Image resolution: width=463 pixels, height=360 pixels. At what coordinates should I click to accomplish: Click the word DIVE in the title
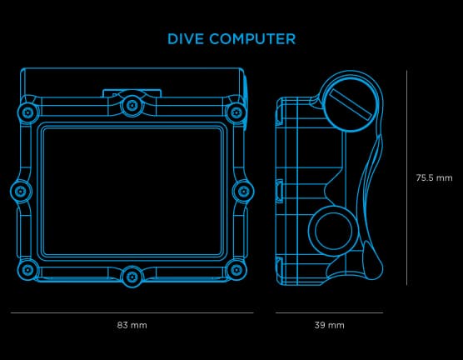pyautogui.click(x=186, y=39)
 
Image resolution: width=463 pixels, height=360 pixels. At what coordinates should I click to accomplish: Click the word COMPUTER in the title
pyautogui.click(x=252, y=39)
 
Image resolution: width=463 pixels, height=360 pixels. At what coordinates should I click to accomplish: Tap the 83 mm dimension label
pyautogui.click(x=132, y=325)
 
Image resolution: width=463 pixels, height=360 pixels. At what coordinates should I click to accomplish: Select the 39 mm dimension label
pyautogui.click(x=329, y=325)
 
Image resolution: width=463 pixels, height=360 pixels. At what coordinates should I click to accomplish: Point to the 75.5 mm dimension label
pyautogui.click(x=434, y=177)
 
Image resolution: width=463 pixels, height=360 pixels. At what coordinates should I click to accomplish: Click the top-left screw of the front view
pyautogui.click(x=28, y=112)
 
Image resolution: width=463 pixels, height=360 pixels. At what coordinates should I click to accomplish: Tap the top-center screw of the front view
pyautogui.click(x=132, y=105)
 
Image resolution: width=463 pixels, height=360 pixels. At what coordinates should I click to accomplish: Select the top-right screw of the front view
pyautogui.click(x=236, y=112)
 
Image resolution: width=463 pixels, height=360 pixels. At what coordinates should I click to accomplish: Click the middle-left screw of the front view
pyautogui.click(x=21, y=191)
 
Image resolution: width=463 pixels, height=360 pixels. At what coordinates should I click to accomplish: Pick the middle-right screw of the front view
pyautogui.click(x=243, y=191)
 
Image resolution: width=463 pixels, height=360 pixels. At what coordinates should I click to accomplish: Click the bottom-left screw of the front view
pyautogui.click(x=28, y=270)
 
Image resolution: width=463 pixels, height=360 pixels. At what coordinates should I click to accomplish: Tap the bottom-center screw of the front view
pyautogui.click(x=132, y=277)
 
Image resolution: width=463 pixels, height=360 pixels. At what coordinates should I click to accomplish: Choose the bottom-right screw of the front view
pyautogui.click(x=236, y=270)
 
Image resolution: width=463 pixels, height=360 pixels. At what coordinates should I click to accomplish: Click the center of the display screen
pyautogui.click(x=132, y=191)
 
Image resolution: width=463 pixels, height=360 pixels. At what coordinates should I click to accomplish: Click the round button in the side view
pyautogui.click(x=334, y=231)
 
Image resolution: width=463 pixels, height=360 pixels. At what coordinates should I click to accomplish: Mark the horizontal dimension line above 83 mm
pyautogui.click(x=132, y=312)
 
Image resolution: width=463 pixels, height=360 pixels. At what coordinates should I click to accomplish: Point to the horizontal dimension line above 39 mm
pyautogui.click(x=329, y=312)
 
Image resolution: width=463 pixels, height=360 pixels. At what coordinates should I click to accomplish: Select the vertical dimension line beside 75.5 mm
pyautogui.click(x=406, y=177)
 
